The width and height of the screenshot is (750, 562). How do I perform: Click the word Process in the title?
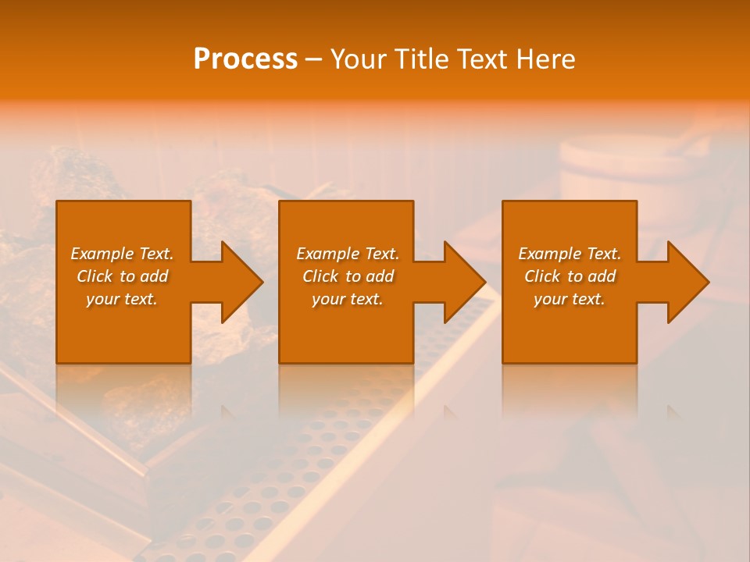click(x=245, y=59)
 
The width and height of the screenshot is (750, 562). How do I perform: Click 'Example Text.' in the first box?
click(x=122, y=254)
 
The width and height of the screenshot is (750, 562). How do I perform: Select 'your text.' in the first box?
click(x=122, y=299)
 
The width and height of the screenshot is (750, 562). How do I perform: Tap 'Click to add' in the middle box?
click(x=348, y=276)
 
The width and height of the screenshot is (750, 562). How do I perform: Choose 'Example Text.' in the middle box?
click(x=348, y=254)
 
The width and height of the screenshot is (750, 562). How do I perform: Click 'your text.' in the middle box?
click(x=348, y=299)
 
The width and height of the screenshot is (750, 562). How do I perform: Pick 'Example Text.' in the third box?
click(x=570, y=254)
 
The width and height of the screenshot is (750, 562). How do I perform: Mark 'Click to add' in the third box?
click(x=570, y=276)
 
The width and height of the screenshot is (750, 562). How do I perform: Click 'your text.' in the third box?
click(x=570, y=299)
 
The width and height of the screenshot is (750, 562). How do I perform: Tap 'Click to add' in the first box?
click(x=122, y=276)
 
